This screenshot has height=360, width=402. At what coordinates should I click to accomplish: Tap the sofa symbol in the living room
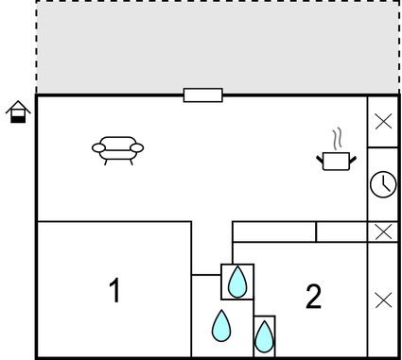pos(118,149)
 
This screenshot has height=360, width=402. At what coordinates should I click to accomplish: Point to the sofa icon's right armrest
pos(138,147)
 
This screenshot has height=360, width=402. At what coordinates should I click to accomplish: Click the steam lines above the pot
pos(336,139)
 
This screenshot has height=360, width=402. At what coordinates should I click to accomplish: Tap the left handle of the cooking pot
pos(320,157)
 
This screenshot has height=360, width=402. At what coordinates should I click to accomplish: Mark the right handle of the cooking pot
pos(353,158)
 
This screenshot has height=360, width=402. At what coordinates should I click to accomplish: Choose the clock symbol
pos(382,184)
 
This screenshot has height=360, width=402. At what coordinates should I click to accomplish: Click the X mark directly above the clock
pos(382,121)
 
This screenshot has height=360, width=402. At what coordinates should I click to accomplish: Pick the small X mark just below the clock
pos(382,231)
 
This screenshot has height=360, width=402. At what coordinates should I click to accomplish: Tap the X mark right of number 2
pos(382,300)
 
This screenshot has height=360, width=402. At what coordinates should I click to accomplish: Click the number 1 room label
pos(114,290)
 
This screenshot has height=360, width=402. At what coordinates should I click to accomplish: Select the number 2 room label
pos(313,296)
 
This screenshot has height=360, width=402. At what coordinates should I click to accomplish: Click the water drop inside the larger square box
pos(237,281)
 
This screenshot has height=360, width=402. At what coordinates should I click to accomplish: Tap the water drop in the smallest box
pos(264,334)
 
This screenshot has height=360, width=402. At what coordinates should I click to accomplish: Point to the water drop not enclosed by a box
pos(221,325)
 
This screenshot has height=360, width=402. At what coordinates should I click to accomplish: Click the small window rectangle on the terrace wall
pos(202,94)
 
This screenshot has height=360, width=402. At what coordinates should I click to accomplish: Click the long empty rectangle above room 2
pos(273,231)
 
